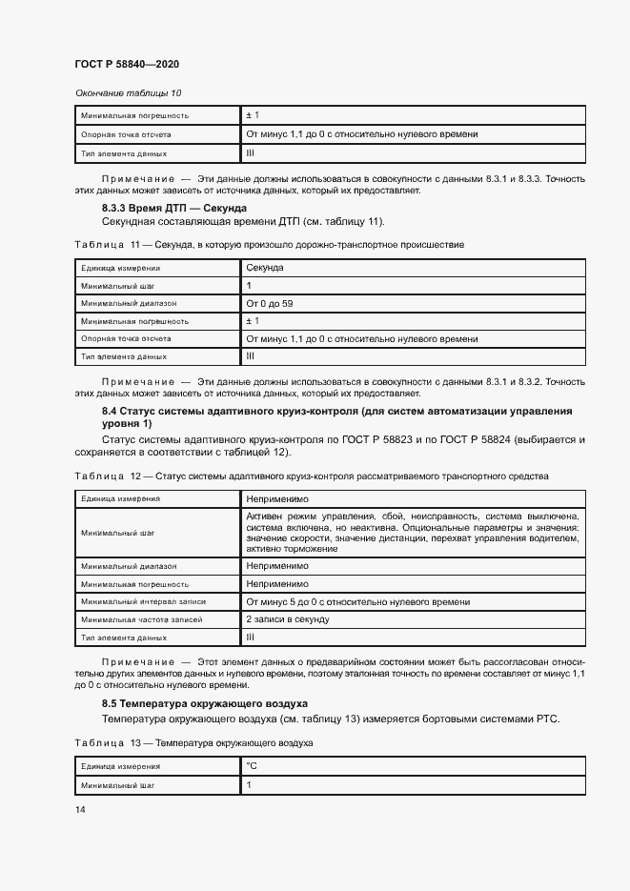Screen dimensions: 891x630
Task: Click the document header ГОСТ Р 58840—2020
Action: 127,64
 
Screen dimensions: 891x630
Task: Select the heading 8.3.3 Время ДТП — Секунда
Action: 174,208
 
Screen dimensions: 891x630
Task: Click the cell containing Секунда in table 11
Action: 265,268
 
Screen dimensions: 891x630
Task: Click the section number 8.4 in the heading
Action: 110,411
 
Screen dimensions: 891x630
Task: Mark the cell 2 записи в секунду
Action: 288,619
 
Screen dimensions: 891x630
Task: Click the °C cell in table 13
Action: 252,765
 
